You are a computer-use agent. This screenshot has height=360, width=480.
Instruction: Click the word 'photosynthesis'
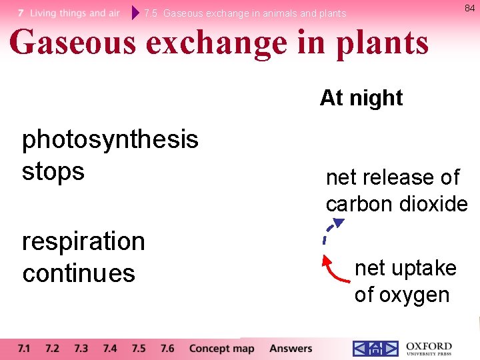(110, 140)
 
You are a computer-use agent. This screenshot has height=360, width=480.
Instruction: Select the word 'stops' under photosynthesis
(53, 171)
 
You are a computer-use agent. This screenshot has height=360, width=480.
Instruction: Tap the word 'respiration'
(83, 241)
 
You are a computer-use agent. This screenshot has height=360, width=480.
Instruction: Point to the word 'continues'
(79, 273)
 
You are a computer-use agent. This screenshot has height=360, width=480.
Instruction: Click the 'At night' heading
(361, 98)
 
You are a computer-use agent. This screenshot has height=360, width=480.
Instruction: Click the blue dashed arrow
(330, 231)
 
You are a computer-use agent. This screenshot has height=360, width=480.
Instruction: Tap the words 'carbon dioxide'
(397, 204)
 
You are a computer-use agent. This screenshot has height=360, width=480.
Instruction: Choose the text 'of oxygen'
(401, 295)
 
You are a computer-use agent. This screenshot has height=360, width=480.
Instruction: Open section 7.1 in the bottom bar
(24, 349)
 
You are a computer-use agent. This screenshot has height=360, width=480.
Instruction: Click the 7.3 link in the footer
(81, 349)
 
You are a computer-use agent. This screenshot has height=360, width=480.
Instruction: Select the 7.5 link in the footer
(139, 349)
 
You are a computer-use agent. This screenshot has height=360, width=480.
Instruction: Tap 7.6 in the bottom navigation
(167, 349)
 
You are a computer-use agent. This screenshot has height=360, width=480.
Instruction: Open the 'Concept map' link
(221, 349)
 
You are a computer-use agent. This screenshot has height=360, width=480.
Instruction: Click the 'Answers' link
(291, 349)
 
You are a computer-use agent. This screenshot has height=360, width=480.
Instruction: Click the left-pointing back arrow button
(359, 349)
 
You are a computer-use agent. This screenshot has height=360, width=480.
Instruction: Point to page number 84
(469, 8)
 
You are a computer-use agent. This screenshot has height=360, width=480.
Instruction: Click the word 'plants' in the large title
(383, 43)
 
